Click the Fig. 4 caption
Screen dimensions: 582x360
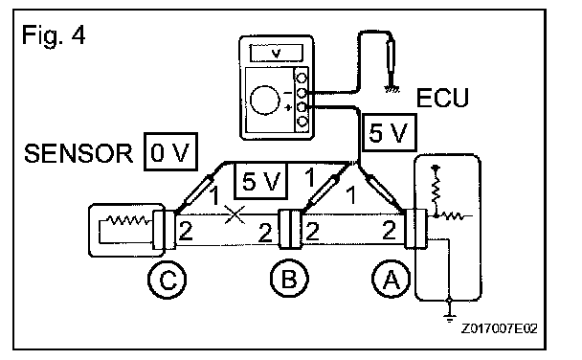(54, 34)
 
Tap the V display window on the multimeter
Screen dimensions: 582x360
(276, 53)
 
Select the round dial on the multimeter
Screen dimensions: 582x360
(264, 101)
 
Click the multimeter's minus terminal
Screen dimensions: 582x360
(302, 93)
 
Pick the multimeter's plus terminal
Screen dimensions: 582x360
(302, 107)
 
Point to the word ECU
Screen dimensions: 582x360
(442, 98)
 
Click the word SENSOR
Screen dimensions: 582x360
(78, 153)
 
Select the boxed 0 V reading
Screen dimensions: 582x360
(170, 151)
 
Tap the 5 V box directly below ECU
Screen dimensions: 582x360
(389, 132)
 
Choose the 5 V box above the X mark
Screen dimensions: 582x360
(260, 181)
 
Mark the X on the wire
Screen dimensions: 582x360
(235, 214)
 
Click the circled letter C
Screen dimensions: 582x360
(167, 280)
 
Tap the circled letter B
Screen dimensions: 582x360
(289, 279)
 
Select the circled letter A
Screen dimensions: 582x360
(391, 280)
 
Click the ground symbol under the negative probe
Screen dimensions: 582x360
(392, 88)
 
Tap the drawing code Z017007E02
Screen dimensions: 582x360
(500, 328)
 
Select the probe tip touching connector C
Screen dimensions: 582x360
(177, 211)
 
